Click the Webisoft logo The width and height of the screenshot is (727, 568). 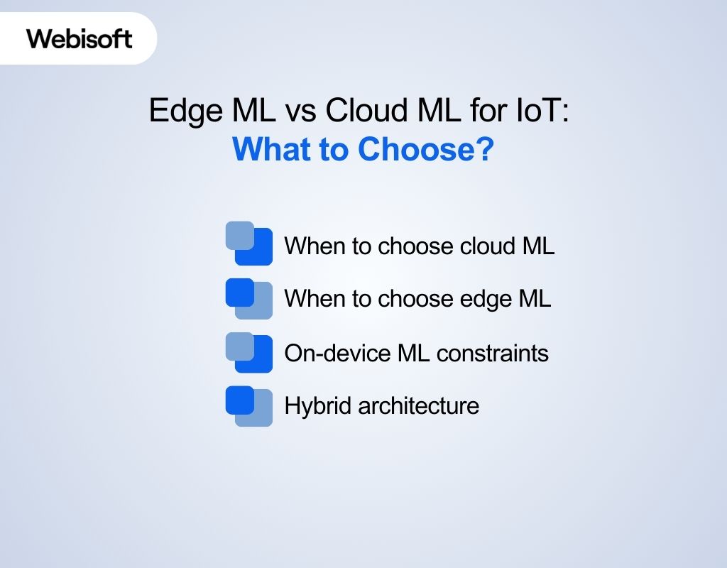click(80, 38)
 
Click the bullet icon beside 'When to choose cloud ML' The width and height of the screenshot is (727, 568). click(248, 244)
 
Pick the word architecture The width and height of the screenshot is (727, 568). click(418, 406)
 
